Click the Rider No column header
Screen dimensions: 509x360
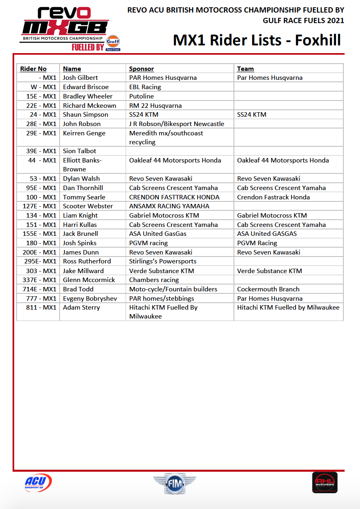click(33, 69)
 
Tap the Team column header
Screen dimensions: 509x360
click(245, 69)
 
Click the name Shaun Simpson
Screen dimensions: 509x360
click(86, 115)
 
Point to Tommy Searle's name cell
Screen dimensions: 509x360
click(84, 197)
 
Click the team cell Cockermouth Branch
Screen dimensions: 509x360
click(268, 289)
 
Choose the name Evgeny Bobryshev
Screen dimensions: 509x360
click(90, 299)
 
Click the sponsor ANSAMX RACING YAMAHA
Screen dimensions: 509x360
click(169, 206)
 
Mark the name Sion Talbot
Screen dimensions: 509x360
click(80, 151)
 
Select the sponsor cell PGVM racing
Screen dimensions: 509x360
click(148, 243)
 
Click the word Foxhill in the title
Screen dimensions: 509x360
click(318, 40)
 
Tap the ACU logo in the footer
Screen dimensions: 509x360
click(38, 483)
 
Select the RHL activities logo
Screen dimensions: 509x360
click(325, 482)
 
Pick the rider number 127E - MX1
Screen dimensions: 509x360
click(39, 206)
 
